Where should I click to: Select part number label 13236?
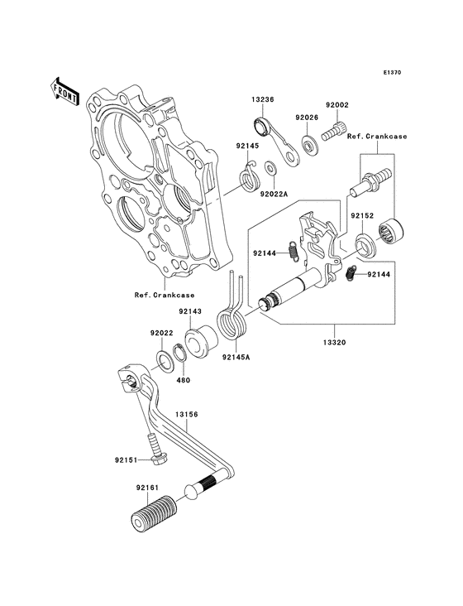coord(263,99)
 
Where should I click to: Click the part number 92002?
coord(337,106)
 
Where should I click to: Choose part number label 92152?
coord(362,215)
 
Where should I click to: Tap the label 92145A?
coord(232,358)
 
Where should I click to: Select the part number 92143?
coord(189,312)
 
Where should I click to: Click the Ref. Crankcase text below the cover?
coord(164,295)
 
